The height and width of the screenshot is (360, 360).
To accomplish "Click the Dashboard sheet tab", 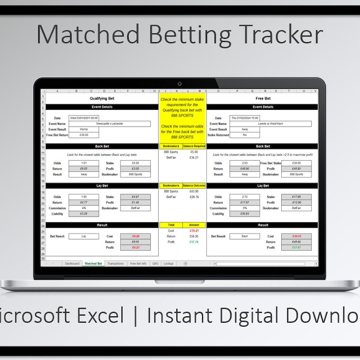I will click(x=72, y=264).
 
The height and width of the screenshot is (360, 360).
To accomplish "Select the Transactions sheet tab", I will click(x=116, y=264).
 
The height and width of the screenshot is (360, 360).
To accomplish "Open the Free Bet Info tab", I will click(x=138, y=264).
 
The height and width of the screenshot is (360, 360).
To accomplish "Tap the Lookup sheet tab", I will click(x=168, y=264).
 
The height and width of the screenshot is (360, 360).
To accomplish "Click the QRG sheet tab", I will click(x=155, y=264).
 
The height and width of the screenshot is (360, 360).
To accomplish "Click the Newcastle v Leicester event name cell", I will click(x=109, y=123).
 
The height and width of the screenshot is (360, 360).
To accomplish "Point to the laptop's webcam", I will click(x=180, y=84).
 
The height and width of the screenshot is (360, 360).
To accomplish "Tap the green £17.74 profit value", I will click(x=194, y=242).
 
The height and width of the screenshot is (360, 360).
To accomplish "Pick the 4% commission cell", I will click(x=83, y=208).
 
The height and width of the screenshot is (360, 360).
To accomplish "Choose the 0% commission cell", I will click(x=244, y=208).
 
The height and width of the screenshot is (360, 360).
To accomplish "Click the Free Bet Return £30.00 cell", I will click(x=83, y=135).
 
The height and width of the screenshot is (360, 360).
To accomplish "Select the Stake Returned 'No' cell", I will click(x=244, y=135).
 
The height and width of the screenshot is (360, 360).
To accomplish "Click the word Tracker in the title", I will click(x=276, y=35).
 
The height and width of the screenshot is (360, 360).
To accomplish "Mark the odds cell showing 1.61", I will click(x=83, y=163).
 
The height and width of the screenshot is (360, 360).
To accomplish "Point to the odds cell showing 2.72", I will click(x=244, y=197).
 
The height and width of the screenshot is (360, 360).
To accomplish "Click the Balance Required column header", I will click(x=194, y=146).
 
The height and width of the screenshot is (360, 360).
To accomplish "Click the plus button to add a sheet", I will click(x=185, y=264).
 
